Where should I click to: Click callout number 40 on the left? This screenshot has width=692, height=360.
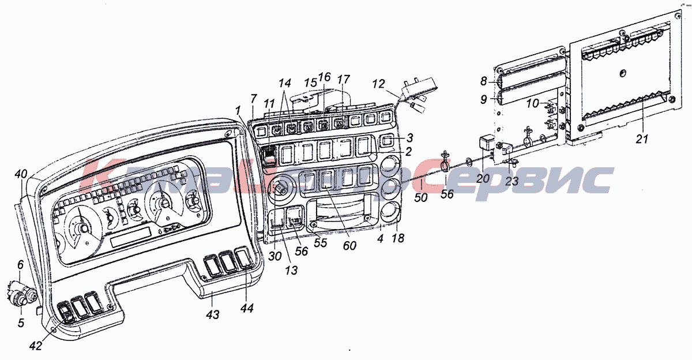point(21,174)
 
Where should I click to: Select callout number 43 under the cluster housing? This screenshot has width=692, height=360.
point(213,314)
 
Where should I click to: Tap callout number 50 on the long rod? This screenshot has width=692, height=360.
point(422,197)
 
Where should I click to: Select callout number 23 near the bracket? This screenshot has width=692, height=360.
point(512,181)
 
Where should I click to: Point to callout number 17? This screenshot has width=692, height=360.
point(344,79)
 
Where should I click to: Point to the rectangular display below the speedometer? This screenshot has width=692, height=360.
point(131,237)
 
